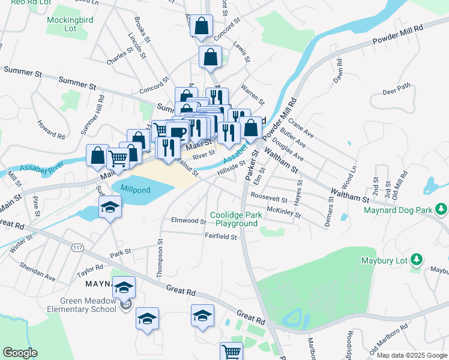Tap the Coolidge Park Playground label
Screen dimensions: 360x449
click(234, 220)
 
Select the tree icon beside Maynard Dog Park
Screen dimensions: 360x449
click(442, 209)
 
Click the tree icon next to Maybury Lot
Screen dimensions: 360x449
click(418, 260)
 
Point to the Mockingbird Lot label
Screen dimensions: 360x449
click(70, 23)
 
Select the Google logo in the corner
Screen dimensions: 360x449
click(20, 353)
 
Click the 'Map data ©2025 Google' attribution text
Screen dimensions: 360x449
click(412, 355)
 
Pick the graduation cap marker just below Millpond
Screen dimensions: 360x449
click(110, 208)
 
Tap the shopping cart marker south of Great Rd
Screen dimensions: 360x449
click(231, 351)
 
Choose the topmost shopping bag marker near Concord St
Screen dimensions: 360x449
click(202, 26)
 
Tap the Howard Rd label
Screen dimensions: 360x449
click(51, 128)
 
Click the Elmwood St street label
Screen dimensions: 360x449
click(188, 221)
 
